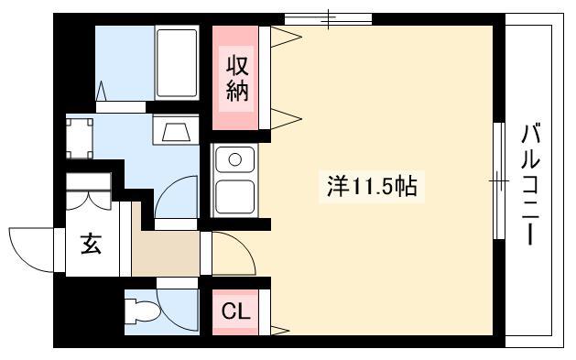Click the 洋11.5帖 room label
tap(372, 186)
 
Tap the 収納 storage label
tap(237, 79)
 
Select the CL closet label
tap(236, 311)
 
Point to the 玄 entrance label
tap(91, 244)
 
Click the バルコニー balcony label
tap(530, 184)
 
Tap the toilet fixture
tap(142, 312)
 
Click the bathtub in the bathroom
tap(177, 62)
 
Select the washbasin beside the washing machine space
tap(176, 129)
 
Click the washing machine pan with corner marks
tap(80, 138)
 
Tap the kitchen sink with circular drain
tap(234, 159)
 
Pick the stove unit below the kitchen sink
tap(234, 197)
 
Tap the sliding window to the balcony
tap(499, 180)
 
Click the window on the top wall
tap(329, 18)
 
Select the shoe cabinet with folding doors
tap(88, 191)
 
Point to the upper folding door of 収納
tap(286, 37)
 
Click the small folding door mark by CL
tap(279, 331)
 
